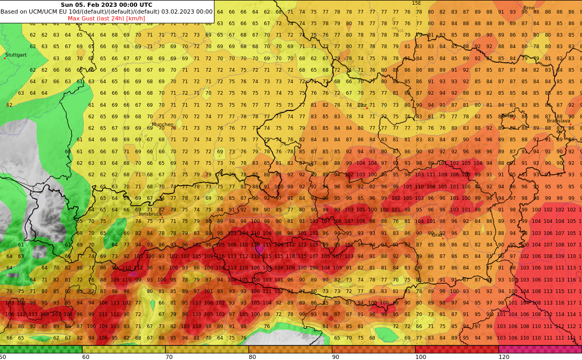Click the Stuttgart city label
[16, 55]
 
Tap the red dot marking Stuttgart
[5, 58]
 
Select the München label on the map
[162, 125]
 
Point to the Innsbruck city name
[150, 214]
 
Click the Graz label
[438, 235]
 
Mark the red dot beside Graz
[443, 239]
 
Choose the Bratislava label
[558, 121]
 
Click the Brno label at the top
[529, 8]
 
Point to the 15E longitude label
[416, 3]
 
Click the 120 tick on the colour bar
[503, 357]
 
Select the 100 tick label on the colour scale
[421, 357]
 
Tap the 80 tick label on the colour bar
[252, 357]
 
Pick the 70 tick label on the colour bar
[169, 357]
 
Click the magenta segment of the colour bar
[540, 349]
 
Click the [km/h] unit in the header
[135, 18]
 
